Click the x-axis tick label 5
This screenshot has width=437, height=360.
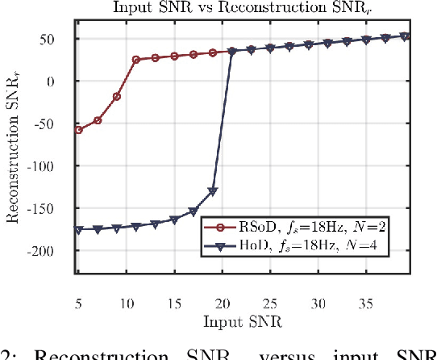[x=77, y=305]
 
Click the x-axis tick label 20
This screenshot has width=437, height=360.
[x=223, y=305]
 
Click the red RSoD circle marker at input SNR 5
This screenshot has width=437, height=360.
[x=78, y=130]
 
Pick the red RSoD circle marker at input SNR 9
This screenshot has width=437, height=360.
[x=116, y=97]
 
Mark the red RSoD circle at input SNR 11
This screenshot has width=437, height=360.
[x=135, y=60]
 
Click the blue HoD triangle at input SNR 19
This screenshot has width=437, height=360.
[x=213, y=191]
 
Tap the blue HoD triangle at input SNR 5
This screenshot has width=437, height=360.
[x=78, y=230]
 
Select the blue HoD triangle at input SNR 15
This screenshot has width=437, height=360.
[x=174, y=220]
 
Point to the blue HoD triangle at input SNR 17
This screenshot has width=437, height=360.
[x=194, y=211]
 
